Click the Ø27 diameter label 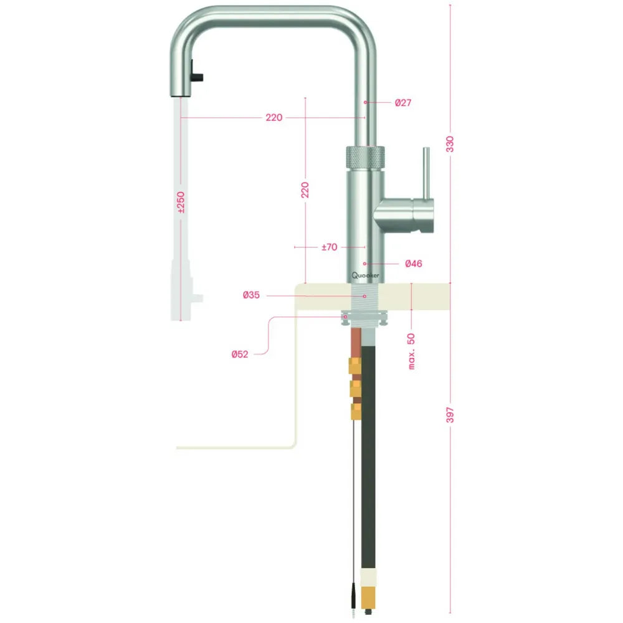(x=403, y=102)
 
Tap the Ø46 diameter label (x=413, y=264)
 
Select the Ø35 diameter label (x=252, y=295)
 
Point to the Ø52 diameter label (x=240, y=354)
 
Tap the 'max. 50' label (x=412, y=351)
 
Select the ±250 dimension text (x=181, y=202)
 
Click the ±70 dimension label (x=329, y=247)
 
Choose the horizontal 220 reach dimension (x=274, y=118)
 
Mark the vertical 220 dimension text (x=305, y=190)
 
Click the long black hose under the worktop (x=369, y=449)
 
